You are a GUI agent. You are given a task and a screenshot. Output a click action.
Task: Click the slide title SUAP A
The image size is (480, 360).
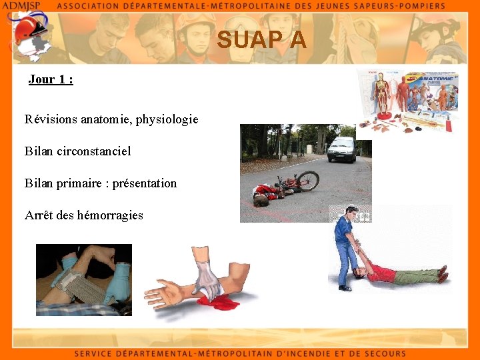pyautogui.click(x=261, y=41)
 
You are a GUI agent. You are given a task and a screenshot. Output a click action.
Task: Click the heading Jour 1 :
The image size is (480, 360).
pyautogui.click(x=51, y=79)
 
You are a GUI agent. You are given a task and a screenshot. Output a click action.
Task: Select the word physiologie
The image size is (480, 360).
pyautogui.click(x=167, y=120)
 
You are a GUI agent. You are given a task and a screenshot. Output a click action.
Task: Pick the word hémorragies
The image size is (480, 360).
pyautogui.click(x=110, y=215)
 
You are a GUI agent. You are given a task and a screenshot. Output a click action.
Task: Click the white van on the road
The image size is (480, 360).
pyautogui.click(x=341, y=149)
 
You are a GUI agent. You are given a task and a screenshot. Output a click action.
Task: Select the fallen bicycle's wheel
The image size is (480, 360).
pyautogui.click(x=308, y=180)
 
